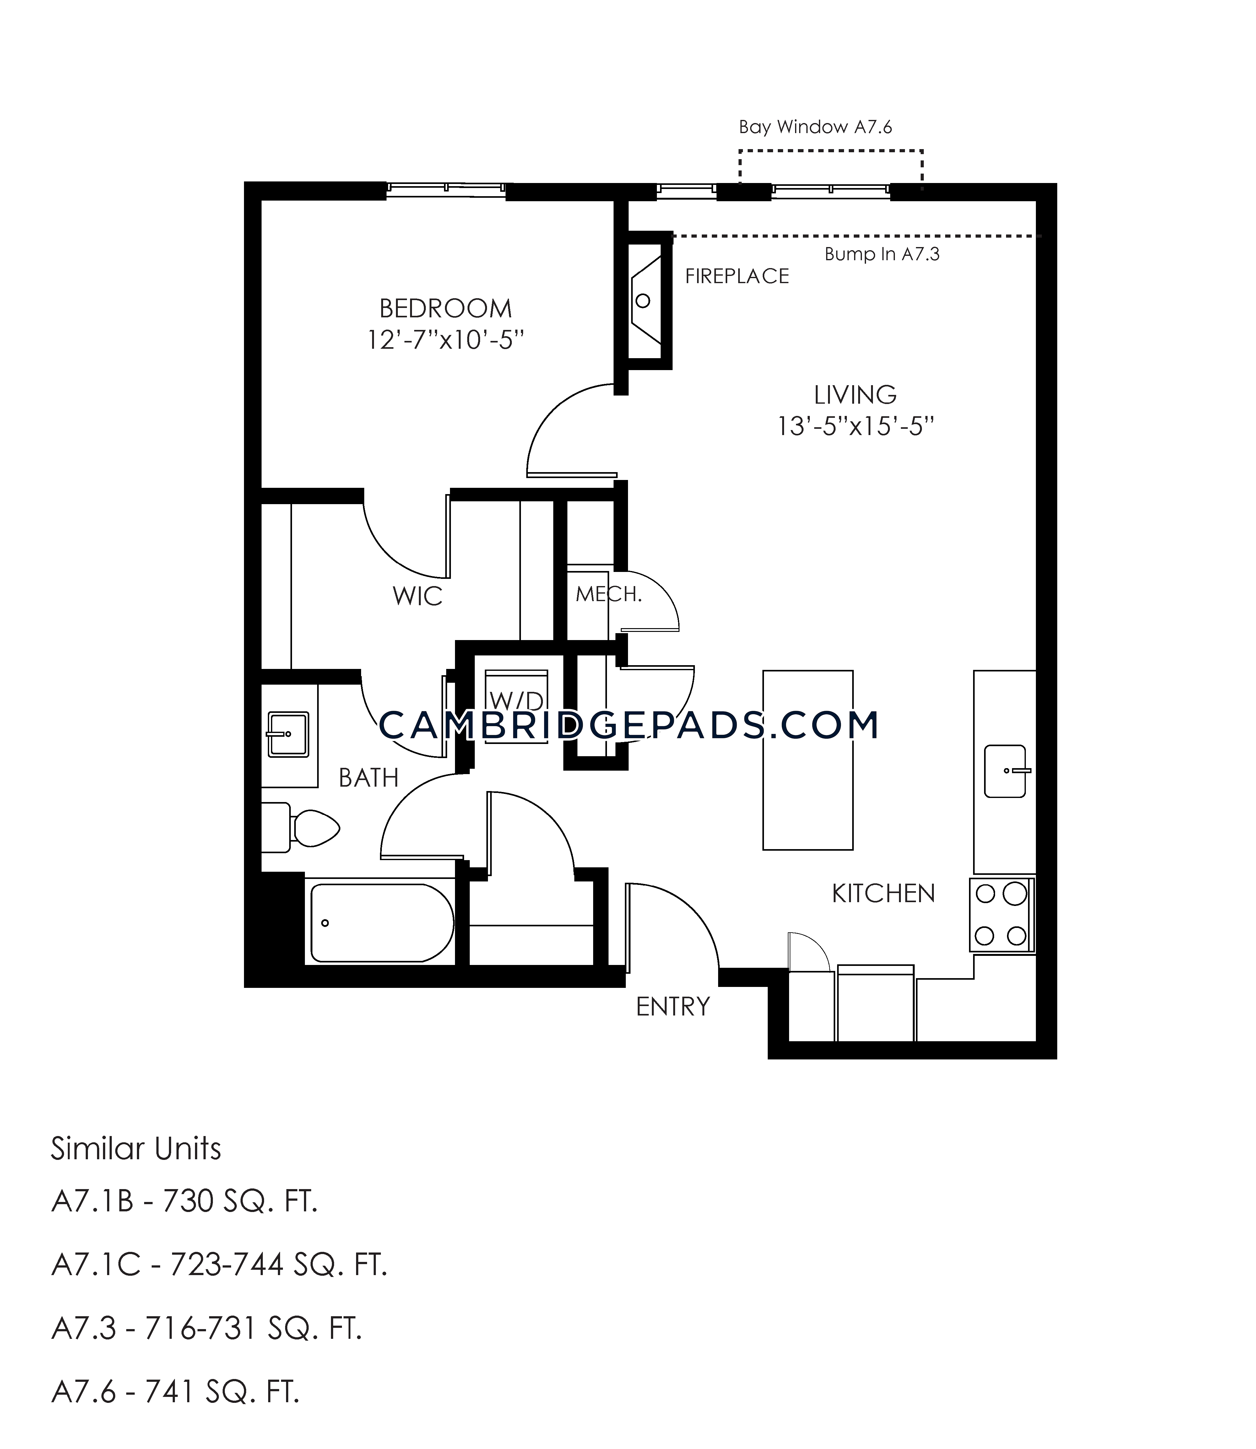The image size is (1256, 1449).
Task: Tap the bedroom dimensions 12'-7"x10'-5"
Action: (446, 341)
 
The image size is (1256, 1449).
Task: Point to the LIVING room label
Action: (855, 395)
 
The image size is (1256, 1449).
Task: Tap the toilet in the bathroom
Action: (300, 827)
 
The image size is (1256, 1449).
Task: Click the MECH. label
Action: (609, 594)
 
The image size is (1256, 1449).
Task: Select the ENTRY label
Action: (673, 1007)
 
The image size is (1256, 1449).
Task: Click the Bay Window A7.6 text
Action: (815, 127)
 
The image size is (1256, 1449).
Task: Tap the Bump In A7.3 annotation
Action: (882, 254)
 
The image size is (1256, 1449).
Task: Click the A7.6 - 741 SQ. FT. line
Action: (175, 1392)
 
